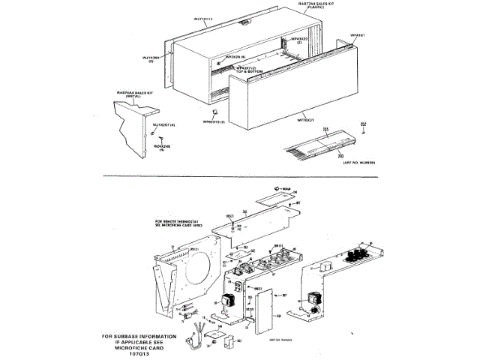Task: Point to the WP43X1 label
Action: point(358,35)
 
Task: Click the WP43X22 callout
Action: point(298,40)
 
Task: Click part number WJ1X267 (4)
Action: point(163,124)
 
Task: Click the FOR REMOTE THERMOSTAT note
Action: point(184,223)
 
